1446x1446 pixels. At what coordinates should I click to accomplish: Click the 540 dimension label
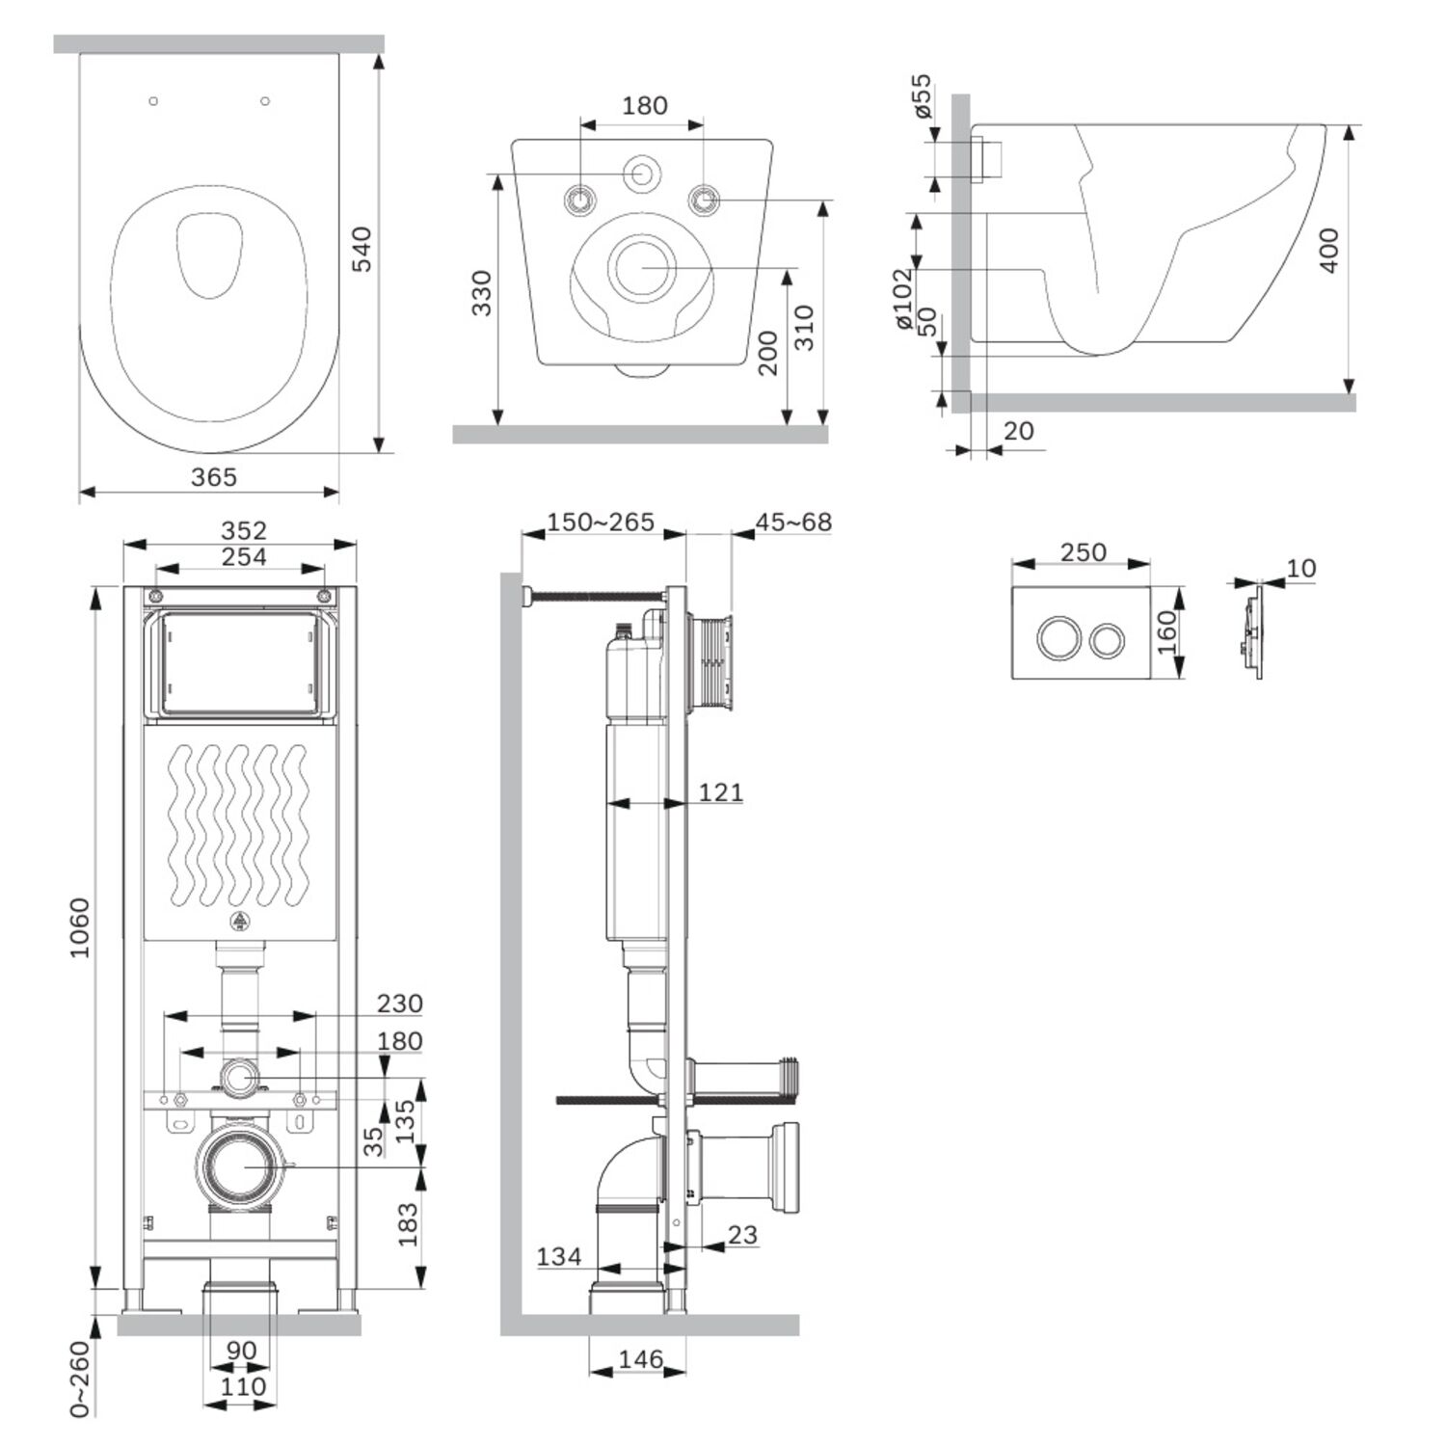pos(361,249)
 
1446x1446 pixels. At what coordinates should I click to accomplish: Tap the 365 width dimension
pos(213,476)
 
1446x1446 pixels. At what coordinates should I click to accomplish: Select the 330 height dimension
pos(481,293)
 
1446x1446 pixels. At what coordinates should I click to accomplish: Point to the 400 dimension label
pos(1328,251)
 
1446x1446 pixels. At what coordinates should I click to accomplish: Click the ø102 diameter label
pos(902,298)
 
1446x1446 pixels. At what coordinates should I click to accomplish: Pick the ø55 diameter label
pos(922,95)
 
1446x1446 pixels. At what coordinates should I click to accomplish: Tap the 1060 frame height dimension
pos(79,927)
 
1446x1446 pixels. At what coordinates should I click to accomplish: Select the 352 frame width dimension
pos(244,530)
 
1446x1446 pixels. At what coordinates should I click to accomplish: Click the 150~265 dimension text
pos(601,522)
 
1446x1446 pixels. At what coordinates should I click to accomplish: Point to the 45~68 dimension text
pos(793,522)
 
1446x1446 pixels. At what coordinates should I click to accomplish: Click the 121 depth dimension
pos(721,792)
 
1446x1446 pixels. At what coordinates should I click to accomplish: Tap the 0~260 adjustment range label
pos(79,1379)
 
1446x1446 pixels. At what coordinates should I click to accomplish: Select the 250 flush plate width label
pos(1084,552)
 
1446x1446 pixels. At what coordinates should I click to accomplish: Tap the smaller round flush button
pos(1107,639)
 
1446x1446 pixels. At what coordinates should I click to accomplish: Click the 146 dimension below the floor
pos(640,1359)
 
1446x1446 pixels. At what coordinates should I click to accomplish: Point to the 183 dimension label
pos(408,1224)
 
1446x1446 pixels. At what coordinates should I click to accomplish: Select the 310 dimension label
pos(804,328)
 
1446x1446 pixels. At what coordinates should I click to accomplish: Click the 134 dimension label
pos(559,1256)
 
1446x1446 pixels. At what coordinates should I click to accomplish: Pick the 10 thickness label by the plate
pos(1300,568)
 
